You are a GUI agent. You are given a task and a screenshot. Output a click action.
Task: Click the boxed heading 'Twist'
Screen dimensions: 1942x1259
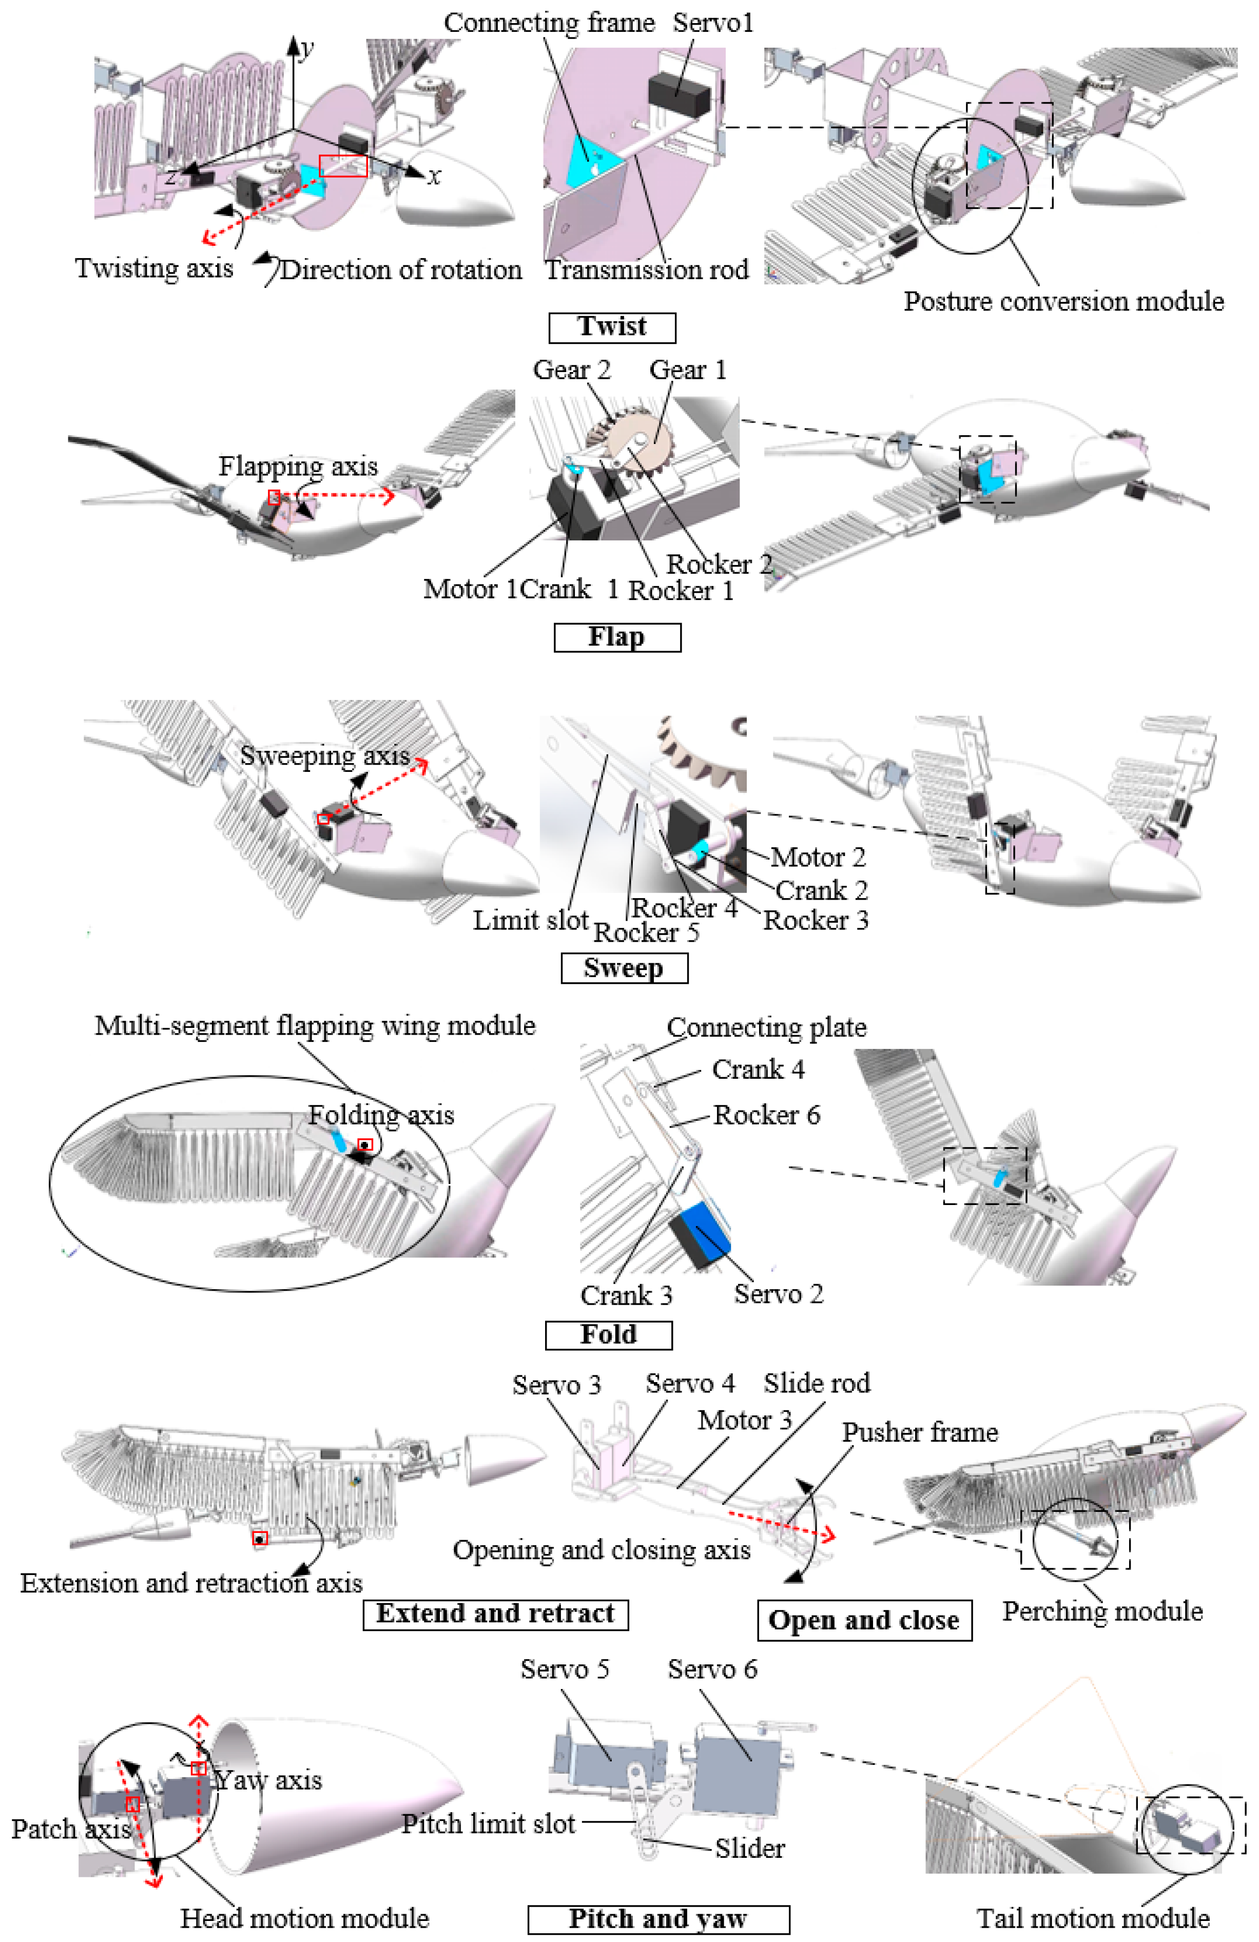(x=611, y=327)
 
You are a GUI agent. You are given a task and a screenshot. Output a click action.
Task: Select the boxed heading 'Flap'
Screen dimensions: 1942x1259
(x=617, y=636)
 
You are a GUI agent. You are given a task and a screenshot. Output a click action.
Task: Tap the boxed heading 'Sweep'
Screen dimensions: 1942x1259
(x=624, y=968)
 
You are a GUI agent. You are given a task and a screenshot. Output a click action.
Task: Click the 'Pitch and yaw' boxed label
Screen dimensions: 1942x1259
(x=657, y=1918)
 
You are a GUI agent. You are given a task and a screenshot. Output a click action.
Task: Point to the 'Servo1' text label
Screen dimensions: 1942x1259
(x=712, y=23)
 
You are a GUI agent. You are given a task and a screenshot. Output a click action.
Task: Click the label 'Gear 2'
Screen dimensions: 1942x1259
(x=571, y=370)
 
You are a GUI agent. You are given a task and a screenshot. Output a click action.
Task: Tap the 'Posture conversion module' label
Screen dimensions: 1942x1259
(x=1063, y=301)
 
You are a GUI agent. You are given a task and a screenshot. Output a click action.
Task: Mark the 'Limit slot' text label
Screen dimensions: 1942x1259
(x=530, y=920)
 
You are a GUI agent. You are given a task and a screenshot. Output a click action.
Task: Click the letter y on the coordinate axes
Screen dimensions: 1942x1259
(x=306, y=49)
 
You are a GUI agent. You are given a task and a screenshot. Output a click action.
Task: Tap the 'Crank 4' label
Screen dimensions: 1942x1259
(x=757, y=1069)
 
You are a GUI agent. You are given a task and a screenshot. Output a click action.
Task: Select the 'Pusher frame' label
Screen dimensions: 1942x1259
(x=920, y=1432)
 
